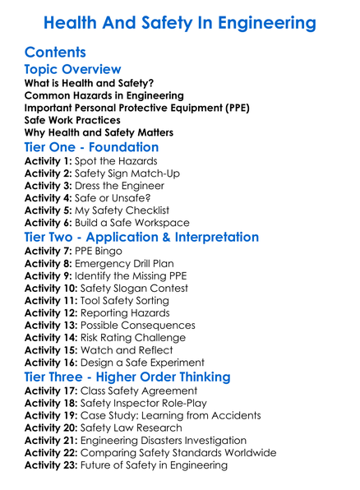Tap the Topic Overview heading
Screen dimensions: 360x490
point(73,70)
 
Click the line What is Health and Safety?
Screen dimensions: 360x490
point(89,83)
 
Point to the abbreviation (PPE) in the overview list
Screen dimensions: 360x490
point(233,108)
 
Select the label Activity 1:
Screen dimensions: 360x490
point(48,161)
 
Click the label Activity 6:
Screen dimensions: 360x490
point(48,223)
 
